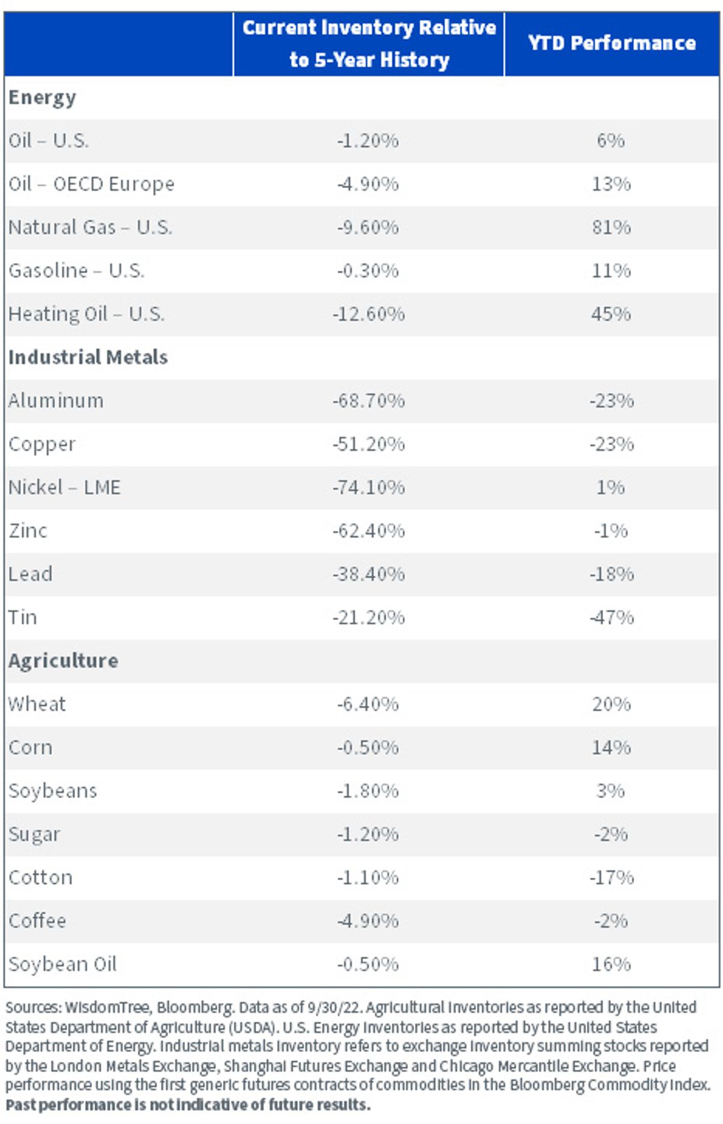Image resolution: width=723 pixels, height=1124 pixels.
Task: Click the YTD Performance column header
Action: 612,43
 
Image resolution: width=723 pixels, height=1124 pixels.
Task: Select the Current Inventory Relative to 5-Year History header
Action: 369,43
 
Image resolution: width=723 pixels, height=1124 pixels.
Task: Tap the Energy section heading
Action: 42,98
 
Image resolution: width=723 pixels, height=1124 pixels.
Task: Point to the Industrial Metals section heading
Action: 88,357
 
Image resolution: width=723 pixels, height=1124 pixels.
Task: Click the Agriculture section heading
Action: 63,661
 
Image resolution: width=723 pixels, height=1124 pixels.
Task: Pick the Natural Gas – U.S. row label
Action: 90,227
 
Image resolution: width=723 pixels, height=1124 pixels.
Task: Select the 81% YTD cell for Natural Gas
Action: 611,227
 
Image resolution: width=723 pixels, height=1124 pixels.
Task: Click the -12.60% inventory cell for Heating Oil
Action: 368,314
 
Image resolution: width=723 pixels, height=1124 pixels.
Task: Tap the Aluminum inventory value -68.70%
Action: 368,401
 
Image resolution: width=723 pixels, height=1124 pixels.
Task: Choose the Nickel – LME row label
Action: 64,487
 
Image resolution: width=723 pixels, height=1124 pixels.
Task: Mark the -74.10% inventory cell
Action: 368,487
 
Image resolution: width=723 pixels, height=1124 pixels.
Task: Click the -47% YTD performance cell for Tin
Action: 611,617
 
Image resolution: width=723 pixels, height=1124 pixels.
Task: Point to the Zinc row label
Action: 28,531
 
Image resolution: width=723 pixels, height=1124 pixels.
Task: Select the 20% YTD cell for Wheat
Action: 611,704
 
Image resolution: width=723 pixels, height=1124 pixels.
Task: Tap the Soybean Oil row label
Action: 63,964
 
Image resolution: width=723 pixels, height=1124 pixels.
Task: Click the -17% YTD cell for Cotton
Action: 611,878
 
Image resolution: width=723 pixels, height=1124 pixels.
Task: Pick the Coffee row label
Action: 37,920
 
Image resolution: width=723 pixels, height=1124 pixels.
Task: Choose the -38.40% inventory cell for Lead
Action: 368,574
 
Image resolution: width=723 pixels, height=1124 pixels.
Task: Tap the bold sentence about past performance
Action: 188,1105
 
